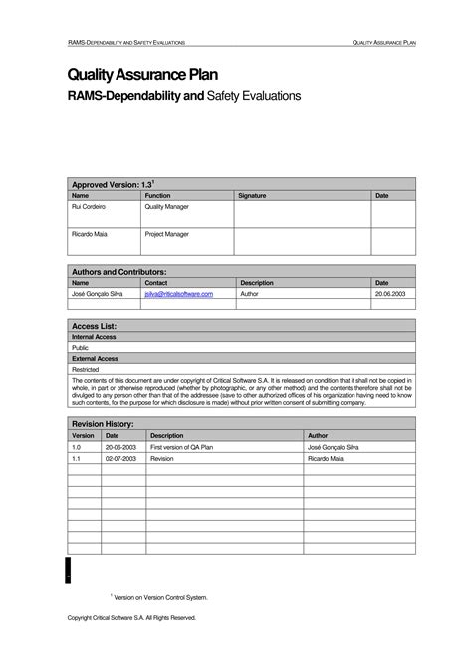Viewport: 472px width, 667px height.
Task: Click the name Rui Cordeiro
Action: click(x=89, y=207)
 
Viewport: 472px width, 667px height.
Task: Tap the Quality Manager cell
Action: click(x=167, y=207)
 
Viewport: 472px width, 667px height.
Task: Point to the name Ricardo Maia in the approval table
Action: click(x=90, y=234)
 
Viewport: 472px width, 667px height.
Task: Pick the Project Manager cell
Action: click(x=167, y=234)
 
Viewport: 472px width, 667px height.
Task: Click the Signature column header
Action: click(x=252, y=196)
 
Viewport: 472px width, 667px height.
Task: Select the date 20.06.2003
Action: click(x=389, y=295)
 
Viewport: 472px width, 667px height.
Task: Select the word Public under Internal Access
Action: click(x=81, y=348)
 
